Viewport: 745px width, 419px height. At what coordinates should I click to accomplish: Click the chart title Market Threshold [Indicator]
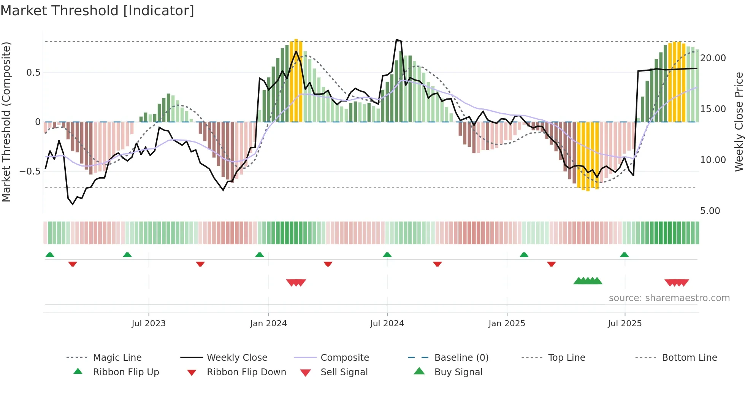[x=97, y=11]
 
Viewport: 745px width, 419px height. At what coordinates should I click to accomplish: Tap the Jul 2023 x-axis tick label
[x=149, y=324]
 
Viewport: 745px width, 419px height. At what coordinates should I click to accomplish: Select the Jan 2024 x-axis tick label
[x=268, y=324]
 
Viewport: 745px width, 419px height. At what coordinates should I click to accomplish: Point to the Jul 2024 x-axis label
[x=387, y=324]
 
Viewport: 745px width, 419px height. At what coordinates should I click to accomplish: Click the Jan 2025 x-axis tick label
[x=507, y=324]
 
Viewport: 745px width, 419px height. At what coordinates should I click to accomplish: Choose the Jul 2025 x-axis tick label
[x=625, y=324]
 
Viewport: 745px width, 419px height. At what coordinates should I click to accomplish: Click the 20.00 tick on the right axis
[x=713, y=58]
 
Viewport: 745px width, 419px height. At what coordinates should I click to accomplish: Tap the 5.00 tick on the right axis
[x=710, y=211]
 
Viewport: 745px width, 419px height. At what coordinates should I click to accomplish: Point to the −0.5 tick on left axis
[x=30, y=171]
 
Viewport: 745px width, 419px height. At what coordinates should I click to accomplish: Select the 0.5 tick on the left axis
[x=33, y=73]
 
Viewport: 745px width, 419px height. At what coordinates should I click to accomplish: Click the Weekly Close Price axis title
[x=739, y=122]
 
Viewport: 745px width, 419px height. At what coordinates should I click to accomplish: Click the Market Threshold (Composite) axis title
[x=6, y=122]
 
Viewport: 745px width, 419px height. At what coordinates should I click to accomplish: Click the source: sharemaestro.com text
[x=669, y=298]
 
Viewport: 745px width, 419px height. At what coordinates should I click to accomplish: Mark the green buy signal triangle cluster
[x=588, y=281]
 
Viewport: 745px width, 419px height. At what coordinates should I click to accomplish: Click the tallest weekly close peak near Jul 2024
[x=396, y=40]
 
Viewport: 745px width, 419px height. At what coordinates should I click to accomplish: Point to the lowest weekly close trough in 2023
[x=73, y=204]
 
